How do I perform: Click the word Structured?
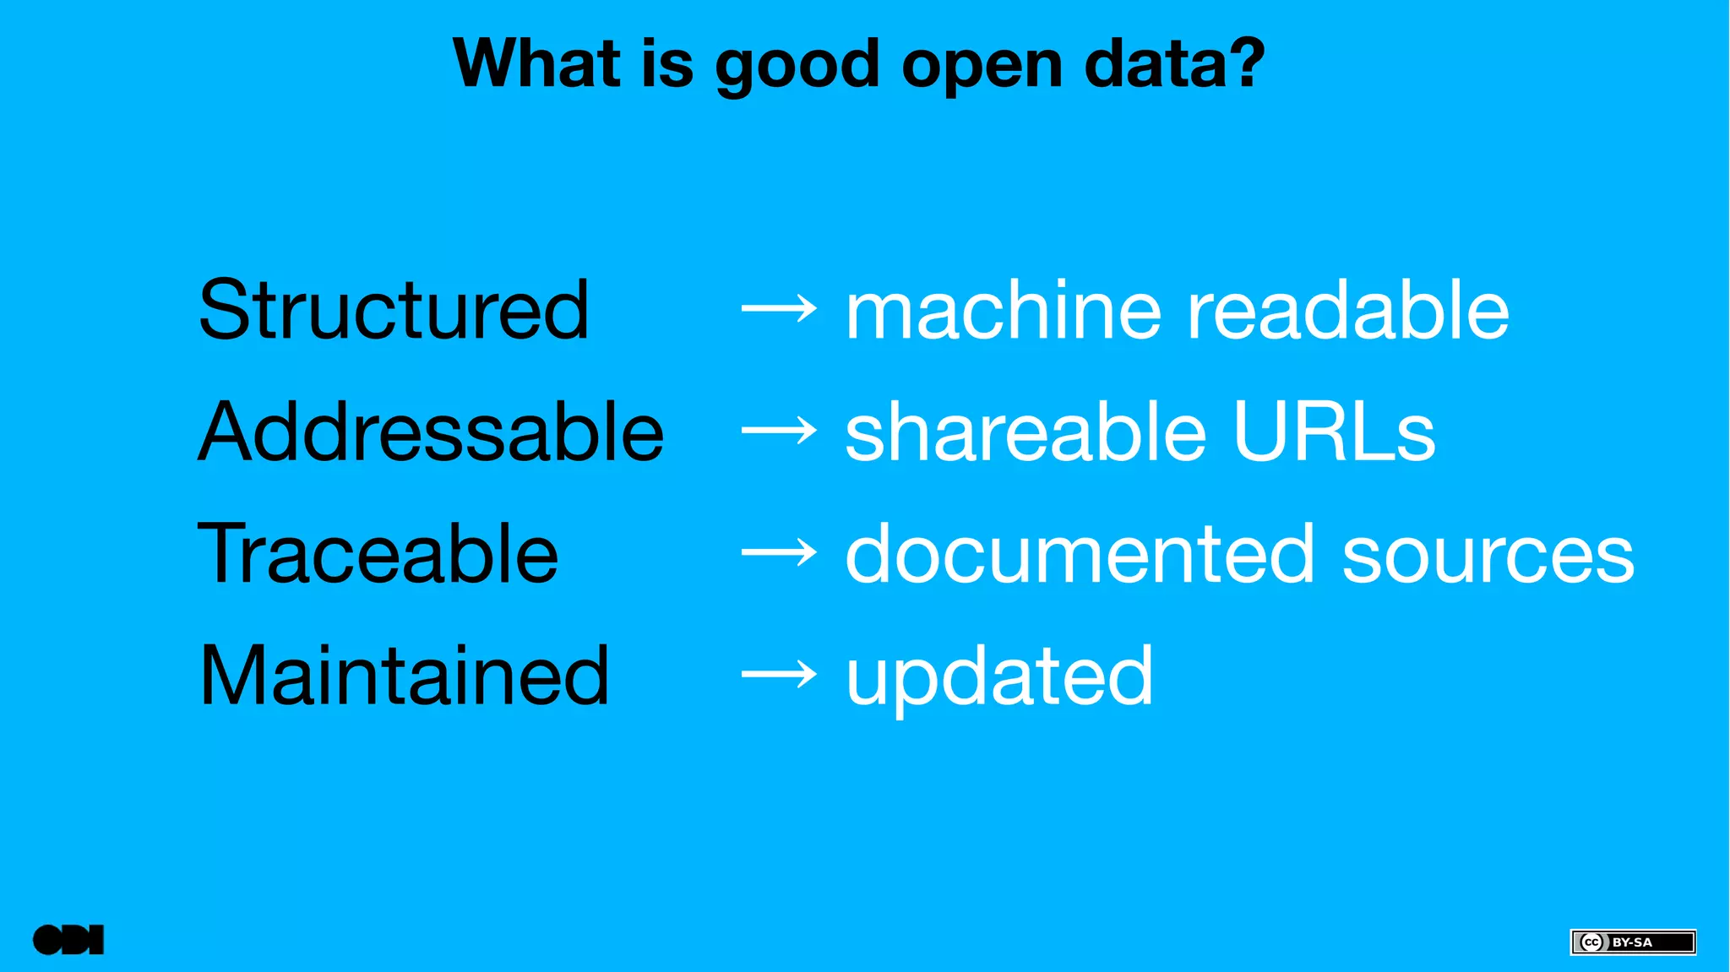(x=394, y=310)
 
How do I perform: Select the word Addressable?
(x=431, y=432)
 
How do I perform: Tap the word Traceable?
(x=378, y=553)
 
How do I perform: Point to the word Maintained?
(x=404, y=675)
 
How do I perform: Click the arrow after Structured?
(x=779, y=310)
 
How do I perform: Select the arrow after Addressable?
(x=779, y=432)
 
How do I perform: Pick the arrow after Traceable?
(x=779, y=553)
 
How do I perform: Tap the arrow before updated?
(x=779, y=675)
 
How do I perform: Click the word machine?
(x=1004, y=310)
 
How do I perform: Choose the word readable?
(x=1348, y=310)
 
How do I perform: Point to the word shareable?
(x=1025, y=432)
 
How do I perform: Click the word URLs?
(x=1334, y=432)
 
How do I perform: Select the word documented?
(x=1080, y=553)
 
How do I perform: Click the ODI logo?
(x=68, y=940)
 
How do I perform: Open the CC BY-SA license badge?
(x=1632, y=942)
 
